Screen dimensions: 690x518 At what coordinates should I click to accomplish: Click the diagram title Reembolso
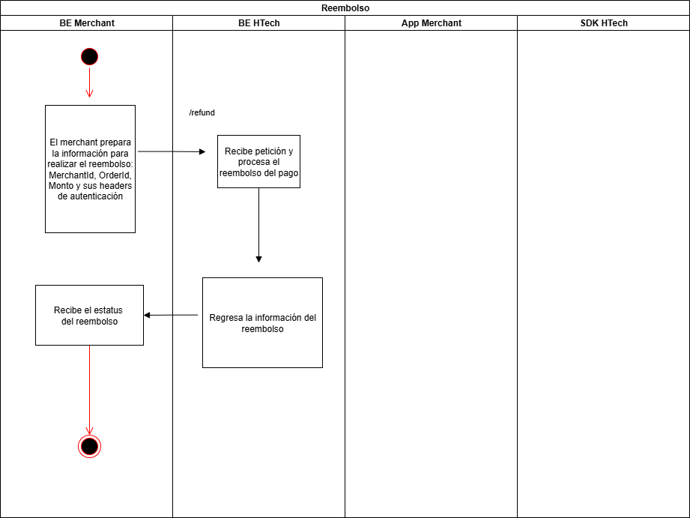[345, 8]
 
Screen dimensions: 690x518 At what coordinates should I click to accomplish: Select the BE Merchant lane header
[87, 23]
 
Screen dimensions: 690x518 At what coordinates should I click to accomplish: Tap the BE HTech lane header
[258, 23]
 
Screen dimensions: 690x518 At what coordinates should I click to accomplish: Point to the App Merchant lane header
[432, 23]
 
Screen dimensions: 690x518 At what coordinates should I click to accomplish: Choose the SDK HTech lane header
[604, 23]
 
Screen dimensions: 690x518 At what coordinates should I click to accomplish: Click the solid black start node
[89, 57]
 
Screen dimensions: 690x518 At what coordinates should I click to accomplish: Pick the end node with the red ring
[89, 446]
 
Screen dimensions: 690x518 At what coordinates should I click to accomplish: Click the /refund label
[202, 112]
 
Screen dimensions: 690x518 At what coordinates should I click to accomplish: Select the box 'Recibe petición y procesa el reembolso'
[258, 162]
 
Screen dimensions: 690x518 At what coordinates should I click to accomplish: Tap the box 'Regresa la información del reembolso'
[262, 322]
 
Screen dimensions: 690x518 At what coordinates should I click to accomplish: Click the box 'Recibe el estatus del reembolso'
[89, 315]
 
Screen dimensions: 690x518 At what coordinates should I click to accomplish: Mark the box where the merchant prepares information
[90, 169]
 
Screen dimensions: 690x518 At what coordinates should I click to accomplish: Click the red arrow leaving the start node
[89, 82]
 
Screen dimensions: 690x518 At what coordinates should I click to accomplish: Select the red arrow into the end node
[89, 390]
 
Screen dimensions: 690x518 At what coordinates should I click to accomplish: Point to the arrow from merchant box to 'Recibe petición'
[172, 151]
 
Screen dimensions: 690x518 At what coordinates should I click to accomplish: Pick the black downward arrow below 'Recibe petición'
[258, 225]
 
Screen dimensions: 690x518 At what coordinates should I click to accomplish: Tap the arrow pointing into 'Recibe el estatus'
[171, 315]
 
